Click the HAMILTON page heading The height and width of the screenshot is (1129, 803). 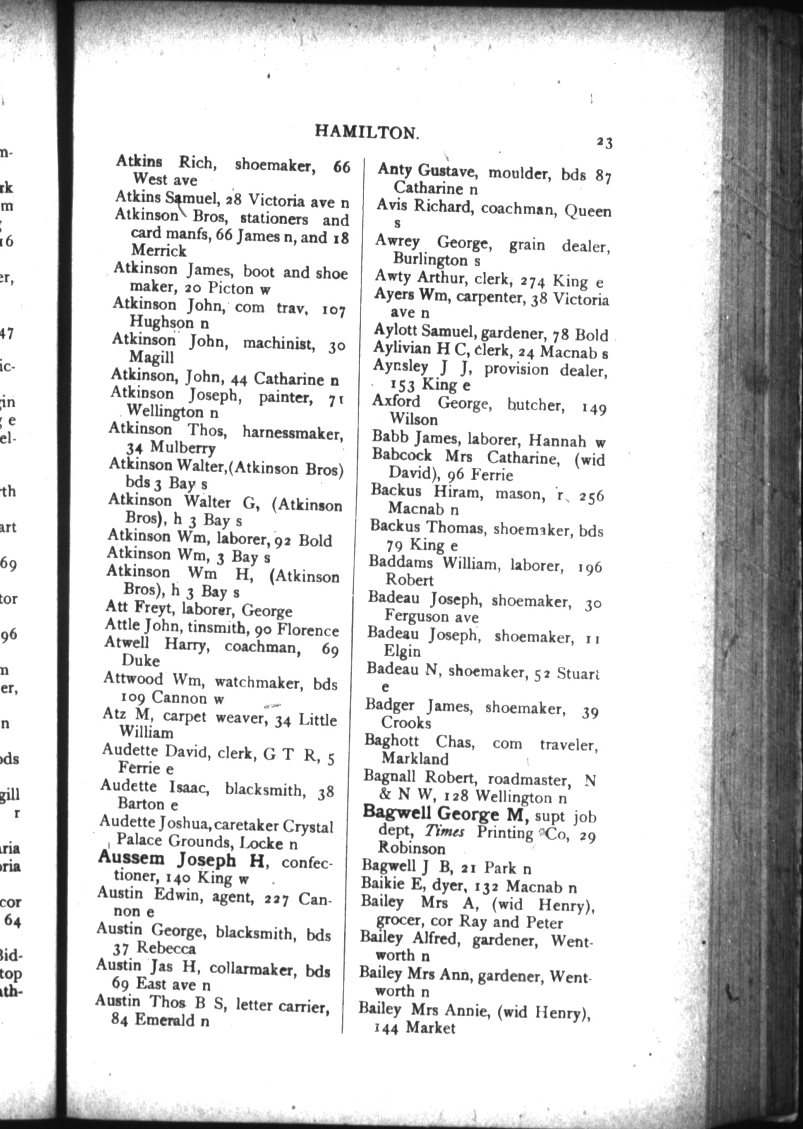tap(367, 132)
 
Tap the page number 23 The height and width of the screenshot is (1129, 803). tap(604, 143)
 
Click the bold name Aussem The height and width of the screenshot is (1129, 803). tap(131, 858)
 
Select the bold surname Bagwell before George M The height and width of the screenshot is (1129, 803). tap(397, 813)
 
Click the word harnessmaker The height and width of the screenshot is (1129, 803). tap(292, 432)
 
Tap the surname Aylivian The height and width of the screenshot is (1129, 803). tap(402, 348)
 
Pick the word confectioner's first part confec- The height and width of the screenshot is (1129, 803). tap(307, 863)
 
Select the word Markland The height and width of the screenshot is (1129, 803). tap(415, 759)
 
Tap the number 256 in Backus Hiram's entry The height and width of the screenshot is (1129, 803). tap(591, 496)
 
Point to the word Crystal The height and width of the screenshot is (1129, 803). tap(308, 827)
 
